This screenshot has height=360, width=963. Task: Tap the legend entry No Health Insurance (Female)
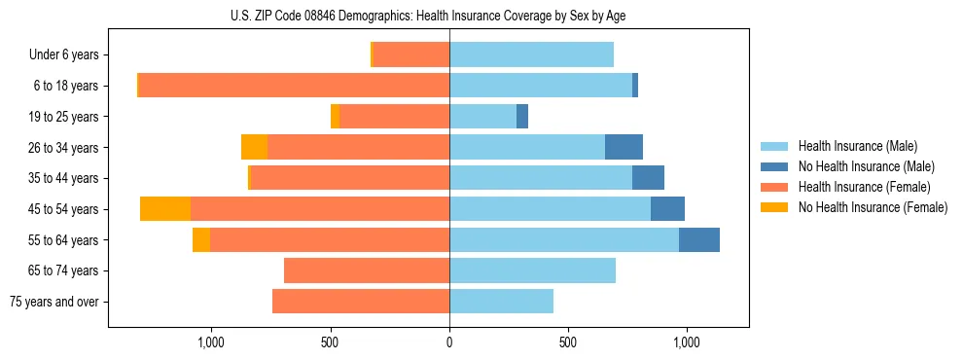pyautogui.click(x=872, y=207)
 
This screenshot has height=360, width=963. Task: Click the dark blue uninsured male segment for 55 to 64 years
pyautogui.click(x=698, y=240)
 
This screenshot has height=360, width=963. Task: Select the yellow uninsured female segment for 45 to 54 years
pyautogui.click(x=165, y=209)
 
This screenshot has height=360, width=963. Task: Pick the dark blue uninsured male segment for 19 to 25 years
pyautogui.click(x=522, y=117)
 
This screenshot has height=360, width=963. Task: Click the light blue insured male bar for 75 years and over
pyautogui.click(x=501, y=302)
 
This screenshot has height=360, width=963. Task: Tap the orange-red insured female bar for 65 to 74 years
pyautogui.click(x=367, y=270)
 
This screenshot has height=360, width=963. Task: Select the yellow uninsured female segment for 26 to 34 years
pyautogui.click(x=254, y=148)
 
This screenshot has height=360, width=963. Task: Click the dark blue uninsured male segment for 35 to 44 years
pyautogui.click(x=648, y=178)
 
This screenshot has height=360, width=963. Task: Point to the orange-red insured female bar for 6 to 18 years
pyautogui.click(x=294, y=86)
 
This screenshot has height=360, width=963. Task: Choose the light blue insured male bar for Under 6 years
pyautogui.click(x=531, y=55)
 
